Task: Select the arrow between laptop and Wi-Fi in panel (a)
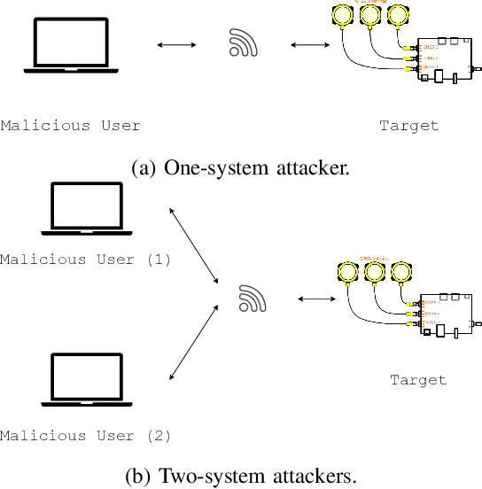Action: pos(176,43)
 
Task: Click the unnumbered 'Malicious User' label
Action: pos(70,125)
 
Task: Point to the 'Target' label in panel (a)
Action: pos(409,125)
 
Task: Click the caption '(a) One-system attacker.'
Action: pos(240,168)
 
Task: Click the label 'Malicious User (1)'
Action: pos(86,260)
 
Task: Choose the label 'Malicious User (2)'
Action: pos(86,435)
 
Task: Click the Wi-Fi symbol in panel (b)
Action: pos(253,299)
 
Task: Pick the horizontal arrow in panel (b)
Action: pos(316,299)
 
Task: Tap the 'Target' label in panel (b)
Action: pos(418,380)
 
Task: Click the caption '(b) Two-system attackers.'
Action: pos(240,476)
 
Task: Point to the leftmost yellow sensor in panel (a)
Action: pos(340,15)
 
